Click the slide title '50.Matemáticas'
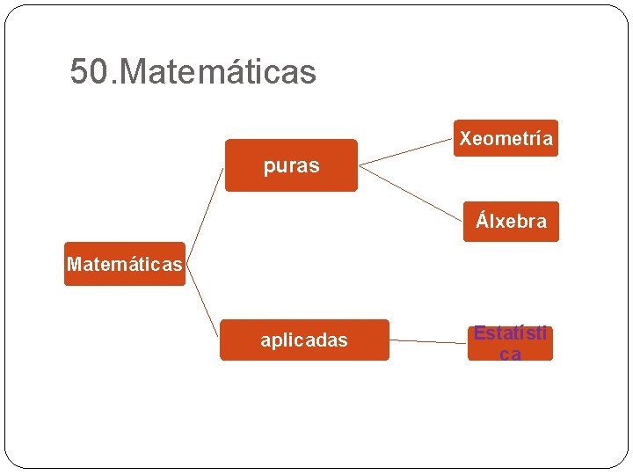[x=193, y=72]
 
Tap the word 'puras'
[x=291, y=165]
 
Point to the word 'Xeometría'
[x=506, y=138]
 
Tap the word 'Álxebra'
[x=511, y=221]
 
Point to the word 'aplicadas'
[x=304, y=340]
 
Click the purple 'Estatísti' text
[x=510, y=334]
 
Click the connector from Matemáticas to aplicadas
[x=202, y=303]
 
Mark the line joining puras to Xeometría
[x=406, y=150]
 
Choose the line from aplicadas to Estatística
[x=428, y=341]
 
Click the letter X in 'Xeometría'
[x=465, y=138]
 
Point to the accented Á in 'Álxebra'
[x=482, y=220]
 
